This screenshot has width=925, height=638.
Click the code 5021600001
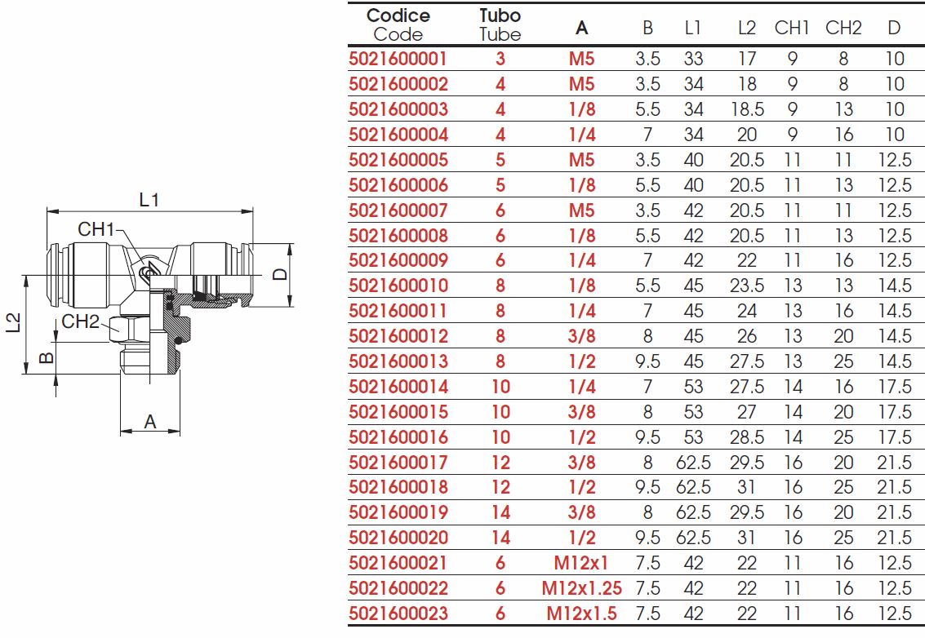tap(398, 59)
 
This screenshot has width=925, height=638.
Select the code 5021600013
tap(398, 361)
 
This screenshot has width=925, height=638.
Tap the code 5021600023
tap(398, 614)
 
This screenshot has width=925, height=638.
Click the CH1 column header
tap(792, 28)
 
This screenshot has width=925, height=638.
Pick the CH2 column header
tap(843, 28)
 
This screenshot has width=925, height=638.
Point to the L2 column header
tap(747, 28)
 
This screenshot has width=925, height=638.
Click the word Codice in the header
tap(398, 16)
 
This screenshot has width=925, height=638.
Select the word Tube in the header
tap(500, 34)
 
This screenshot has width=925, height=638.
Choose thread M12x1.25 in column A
tap(581, 588)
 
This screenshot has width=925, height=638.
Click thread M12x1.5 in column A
tap(581, 614)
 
